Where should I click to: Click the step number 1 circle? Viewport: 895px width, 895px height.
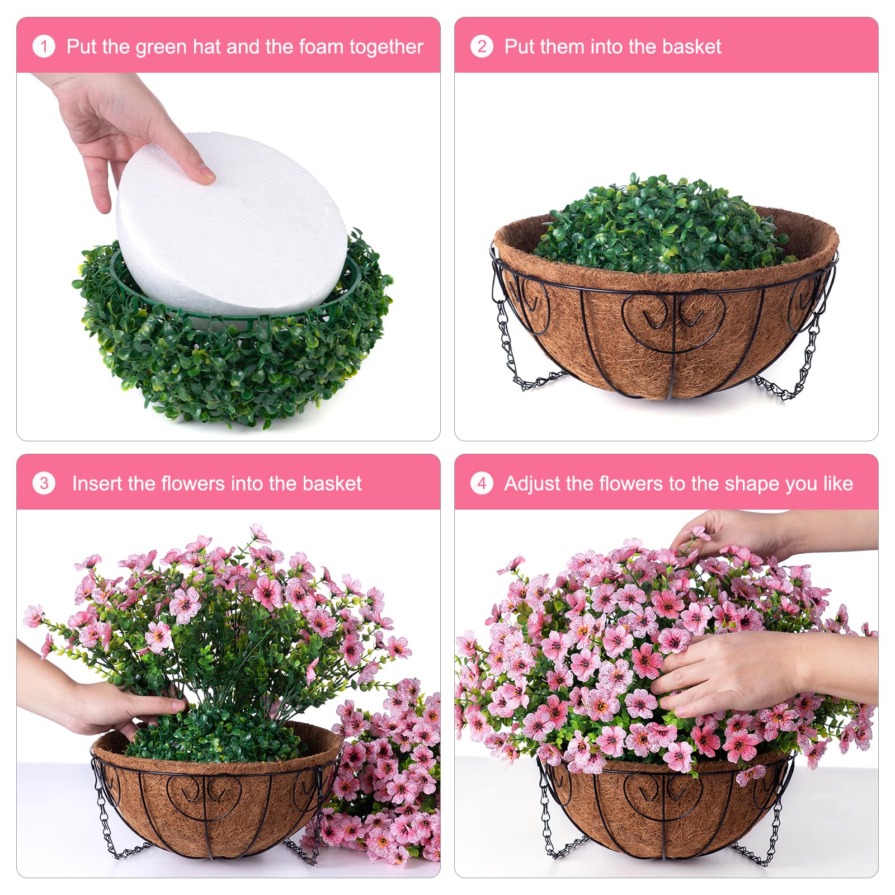point(44,46)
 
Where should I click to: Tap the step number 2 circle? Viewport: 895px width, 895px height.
point(482,46)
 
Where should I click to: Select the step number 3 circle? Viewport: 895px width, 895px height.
point(44,483)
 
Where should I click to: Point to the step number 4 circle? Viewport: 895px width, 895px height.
point(482,483)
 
